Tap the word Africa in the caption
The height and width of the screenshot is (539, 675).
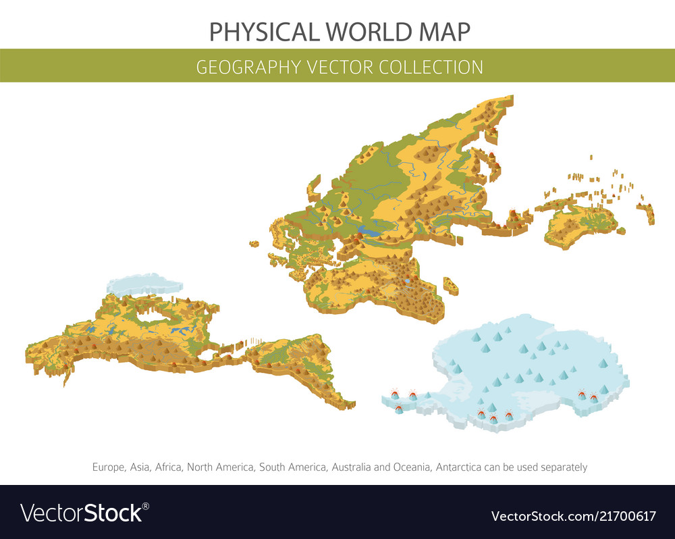click(x=169, y=467)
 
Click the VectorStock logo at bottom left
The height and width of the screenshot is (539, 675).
click(x=84, y=512)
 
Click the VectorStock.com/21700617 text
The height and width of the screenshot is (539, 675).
click(x=573, y=517)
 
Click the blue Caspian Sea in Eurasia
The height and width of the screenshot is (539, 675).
click(x=370, y=232)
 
